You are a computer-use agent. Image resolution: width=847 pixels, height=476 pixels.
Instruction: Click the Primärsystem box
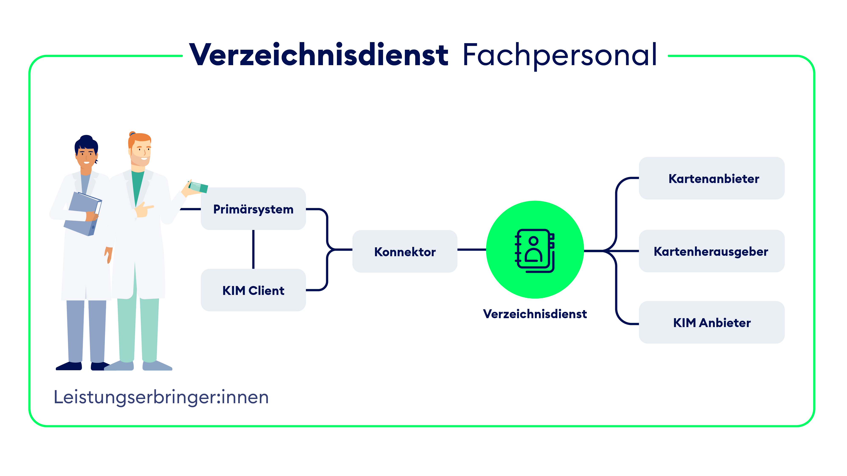253,209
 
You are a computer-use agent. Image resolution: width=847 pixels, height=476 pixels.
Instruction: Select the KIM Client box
253,290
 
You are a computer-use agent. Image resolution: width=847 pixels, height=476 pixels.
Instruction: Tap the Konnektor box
405,252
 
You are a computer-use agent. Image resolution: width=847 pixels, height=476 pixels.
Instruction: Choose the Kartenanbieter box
711,178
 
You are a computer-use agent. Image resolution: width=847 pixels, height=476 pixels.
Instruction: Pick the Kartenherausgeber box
711,251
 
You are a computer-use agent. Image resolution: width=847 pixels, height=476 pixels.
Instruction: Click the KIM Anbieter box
711,323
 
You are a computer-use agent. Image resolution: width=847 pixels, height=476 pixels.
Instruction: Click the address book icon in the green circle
535,250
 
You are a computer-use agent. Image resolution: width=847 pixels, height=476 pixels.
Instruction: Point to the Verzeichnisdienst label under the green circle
535,314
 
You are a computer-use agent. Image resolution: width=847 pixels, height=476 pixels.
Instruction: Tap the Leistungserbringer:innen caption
161,397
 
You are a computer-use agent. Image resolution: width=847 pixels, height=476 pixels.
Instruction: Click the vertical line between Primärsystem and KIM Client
253,249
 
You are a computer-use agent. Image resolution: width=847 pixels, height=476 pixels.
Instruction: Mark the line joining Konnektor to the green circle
472,250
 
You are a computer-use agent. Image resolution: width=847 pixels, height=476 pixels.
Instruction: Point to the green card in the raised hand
199,187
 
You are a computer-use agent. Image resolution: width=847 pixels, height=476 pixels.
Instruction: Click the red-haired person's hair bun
132,134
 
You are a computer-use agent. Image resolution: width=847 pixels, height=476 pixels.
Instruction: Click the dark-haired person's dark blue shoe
69,366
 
